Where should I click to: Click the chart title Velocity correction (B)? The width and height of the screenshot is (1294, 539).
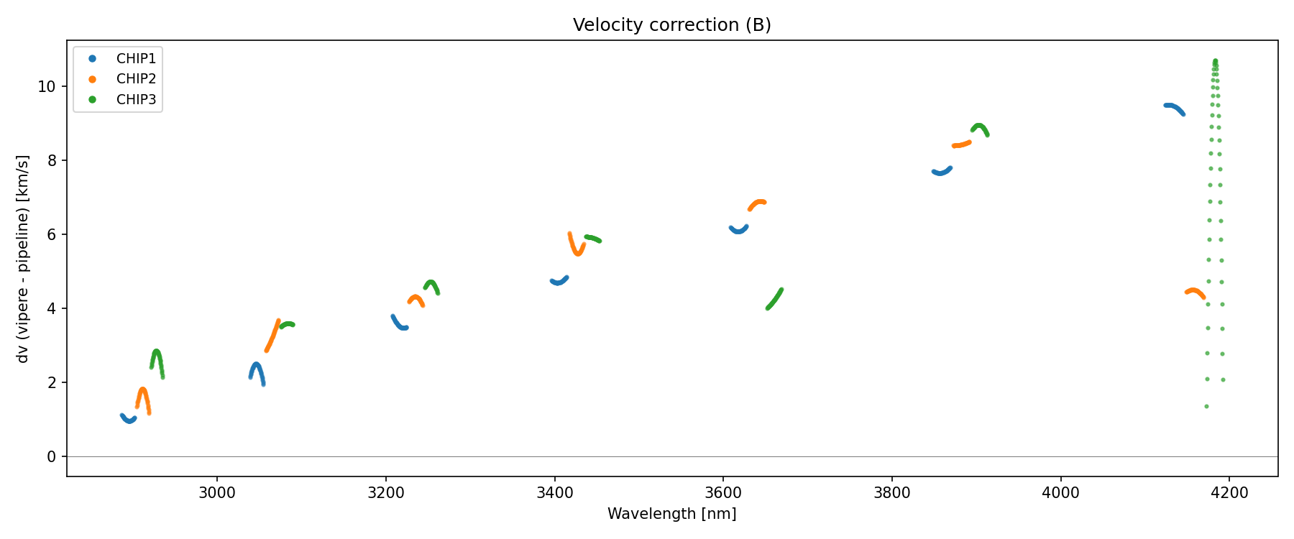coord(671,25)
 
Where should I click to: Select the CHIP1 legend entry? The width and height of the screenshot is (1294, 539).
coord(136,58)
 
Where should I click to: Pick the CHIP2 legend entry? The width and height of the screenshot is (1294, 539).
coord(136,79)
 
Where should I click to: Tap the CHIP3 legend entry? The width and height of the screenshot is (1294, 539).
coord(136,100)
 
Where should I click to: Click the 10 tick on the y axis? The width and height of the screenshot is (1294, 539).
coord(46,86)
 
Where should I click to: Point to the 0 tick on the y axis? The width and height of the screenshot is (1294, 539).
coord(50,457)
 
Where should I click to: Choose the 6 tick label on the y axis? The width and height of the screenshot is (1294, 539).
coord(50,234)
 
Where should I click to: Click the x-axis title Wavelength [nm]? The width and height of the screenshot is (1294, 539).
coord(671,514)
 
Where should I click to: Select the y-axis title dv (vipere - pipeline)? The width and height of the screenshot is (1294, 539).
coord(23,259)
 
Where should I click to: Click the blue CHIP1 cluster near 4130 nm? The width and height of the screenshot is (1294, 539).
coord(1173,108)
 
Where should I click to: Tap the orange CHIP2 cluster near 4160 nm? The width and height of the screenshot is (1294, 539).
coord(1194,292)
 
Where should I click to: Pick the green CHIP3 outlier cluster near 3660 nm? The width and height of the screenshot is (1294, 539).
coord(774,299)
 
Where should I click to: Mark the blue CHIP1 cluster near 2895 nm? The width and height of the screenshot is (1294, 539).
coord(128,419)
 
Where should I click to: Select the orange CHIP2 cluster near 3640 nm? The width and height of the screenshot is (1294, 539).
coord(758,203)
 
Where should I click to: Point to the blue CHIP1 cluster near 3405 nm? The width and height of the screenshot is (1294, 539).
coord(559,281)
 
